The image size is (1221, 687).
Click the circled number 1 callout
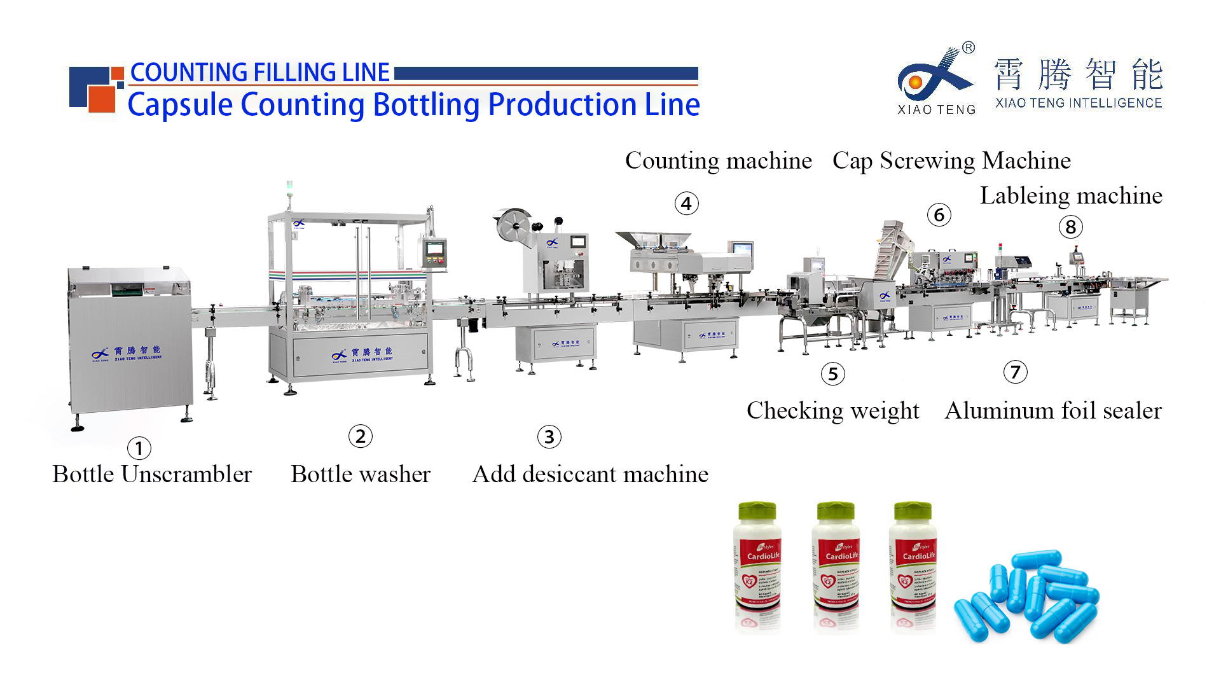pos(139,448)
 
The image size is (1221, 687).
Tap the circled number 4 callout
pos(686,204)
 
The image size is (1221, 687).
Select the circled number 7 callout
pos(1015,372)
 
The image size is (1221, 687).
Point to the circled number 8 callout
pos(1070,227)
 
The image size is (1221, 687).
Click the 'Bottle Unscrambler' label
pos(152,475)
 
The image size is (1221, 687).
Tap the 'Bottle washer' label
pos(361,475)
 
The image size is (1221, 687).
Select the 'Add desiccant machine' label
pos(590,475)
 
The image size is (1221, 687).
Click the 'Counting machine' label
pos(718,161)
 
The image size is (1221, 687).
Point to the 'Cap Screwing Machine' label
pos(951,161)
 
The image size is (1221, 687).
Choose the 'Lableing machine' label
pos(1071,196)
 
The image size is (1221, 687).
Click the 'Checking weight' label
pos(832,411)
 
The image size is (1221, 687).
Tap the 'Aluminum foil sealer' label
pos(1053,411)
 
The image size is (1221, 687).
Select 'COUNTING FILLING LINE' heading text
pos(259,73)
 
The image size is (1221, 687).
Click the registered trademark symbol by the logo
pos(968,48)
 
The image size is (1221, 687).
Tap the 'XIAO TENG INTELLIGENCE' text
pos(1079,103)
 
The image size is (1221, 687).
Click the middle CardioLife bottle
pos(837,566)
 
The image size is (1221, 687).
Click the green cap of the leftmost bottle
pos(757,511)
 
